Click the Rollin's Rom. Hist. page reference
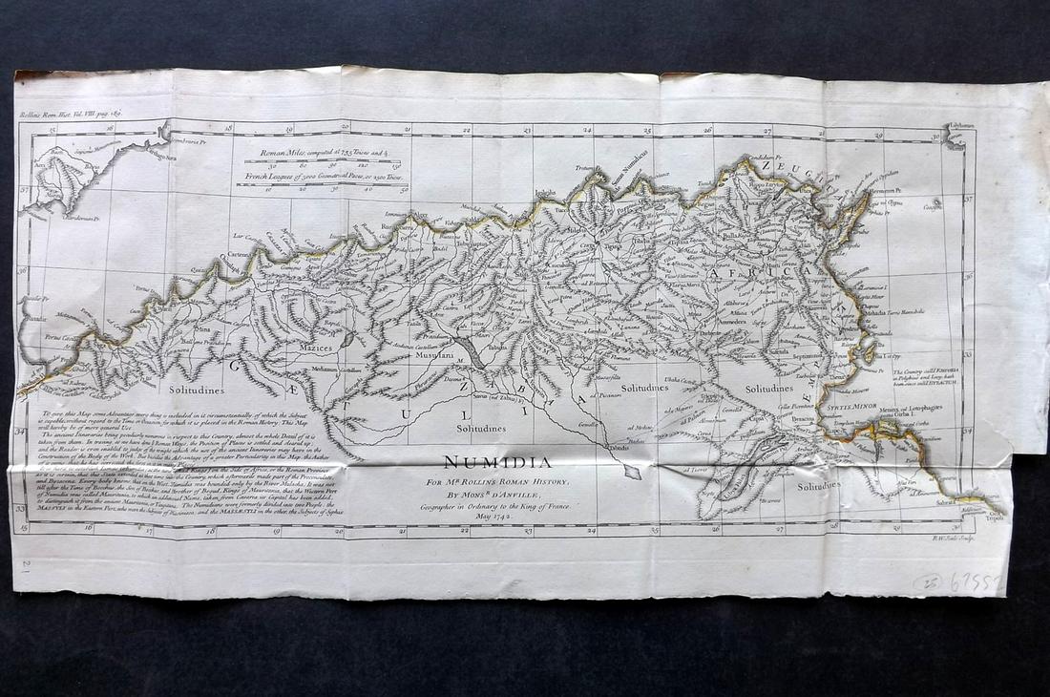tap(71, 114)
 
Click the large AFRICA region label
tap(755, 273)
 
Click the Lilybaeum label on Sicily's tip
tap(961, 126)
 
